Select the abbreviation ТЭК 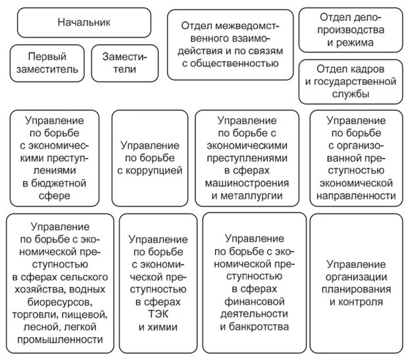159,315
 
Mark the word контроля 357,302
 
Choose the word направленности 357,195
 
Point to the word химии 159,327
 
